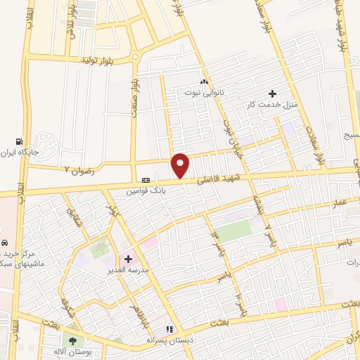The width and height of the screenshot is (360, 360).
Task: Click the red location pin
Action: (181, 165)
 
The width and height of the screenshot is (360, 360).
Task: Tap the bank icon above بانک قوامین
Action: (146, 179)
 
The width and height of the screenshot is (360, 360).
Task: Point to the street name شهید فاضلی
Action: (219, 180)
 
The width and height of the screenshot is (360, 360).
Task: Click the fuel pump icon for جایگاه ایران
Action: (27, 141)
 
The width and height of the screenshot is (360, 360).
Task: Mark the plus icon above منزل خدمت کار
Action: (272, 94)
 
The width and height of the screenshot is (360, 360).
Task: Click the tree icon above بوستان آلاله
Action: (72, 340)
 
